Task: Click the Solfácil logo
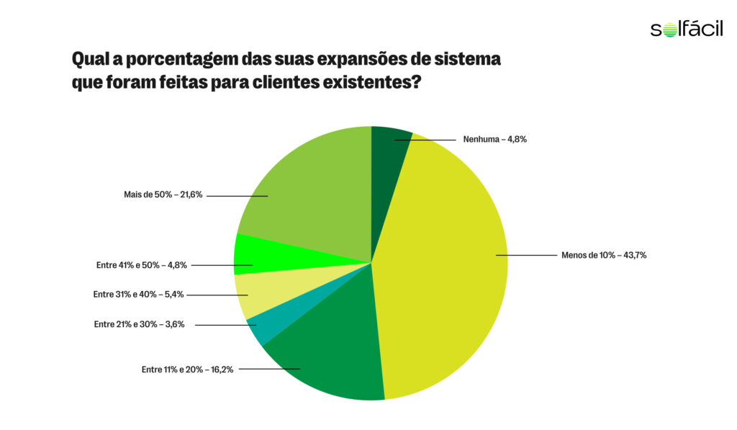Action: click(686, 29)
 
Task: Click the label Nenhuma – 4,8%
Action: click(495, 139)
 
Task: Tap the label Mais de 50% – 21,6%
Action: click(163, 194)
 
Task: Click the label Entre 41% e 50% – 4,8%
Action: click(141, 265)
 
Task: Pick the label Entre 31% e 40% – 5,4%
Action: click(140, 295)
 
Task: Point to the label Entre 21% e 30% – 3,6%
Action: click(139, 325)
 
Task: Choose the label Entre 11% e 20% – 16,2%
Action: click(187, 369)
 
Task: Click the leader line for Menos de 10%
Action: click(525, 255)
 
